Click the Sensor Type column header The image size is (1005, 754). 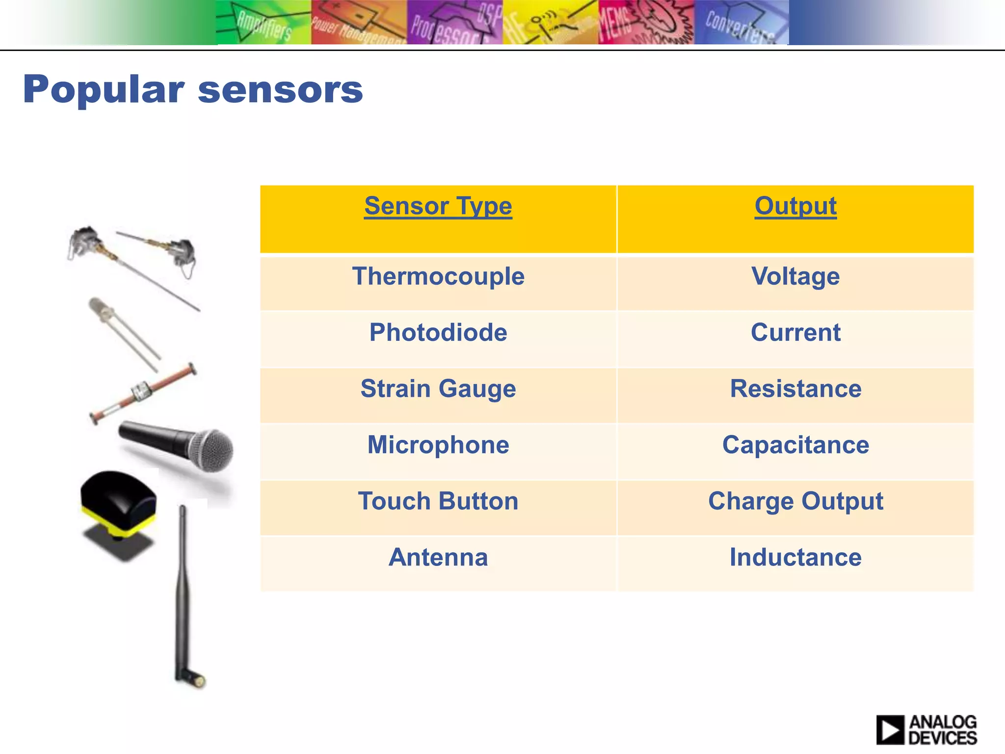[x=438, y=206]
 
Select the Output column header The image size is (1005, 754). [x=795, y=206]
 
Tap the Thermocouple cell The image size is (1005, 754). [x=438, y=276]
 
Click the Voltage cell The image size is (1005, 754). [x=795, y=276]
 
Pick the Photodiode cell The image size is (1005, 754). [x=438, y=333]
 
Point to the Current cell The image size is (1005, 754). [x=795, y=333]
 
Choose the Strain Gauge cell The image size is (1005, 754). [x=438, y=389]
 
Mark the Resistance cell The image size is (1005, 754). [x=795, y=389]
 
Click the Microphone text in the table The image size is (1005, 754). [x=438, y=445]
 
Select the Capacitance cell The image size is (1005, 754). [x=795, y=445]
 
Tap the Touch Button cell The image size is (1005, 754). [x=438, y=501]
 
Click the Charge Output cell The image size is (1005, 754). [x=795, y=501]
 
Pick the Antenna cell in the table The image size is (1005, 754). [x=438, y=558]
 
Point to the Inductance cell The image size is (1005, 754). [x=795, y=558]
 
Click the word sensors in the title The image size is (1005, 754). [x=280, y=91]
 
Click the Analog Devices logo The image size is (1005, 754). [x=926, y=729]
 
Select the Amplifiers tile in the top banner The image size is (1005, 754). [x=264, y=23]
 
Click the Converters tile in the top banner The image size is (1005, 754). [x=741, y=23]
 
